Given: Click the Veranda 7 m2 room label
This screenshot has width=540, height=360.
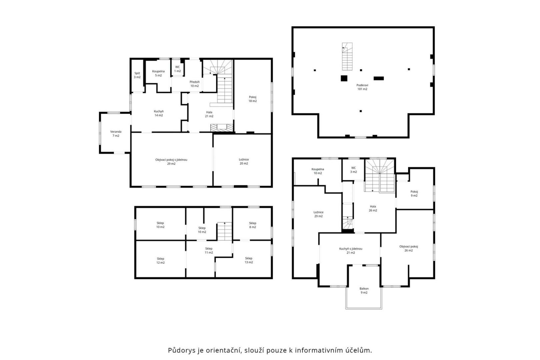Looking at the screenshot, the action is pos(116,134).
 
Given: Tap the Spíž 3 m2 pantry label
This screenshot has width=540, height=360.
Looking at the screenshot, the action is pos(137,75).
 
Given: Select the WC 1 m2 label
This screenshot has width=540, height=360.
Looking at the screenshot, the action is pos(177,69).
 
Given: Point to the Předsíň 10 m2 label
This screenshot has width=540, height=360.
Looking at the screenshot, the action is pos(195,84).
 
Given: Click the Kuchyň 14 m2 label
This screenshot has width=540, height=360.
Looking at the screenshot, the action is pos(159,113).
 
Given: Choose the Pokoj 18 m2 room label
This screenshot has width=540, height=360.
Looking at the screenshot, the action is pos(253,99).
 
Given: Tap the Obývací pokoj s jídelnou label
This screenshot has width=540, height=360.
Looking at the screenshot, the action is pos(171,160).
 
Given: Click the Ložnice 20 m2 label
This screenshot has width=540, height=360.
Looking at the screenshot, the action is pos(244,161).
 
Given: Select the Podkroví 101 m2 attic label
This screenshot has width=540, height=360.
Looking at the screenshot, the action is pos(362,87).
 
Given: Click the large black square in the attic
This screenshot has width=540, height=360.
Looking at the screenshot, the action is pos(344,78).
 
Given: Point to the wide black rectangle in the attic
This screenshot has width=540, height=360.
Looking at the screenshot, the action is pos(379,78).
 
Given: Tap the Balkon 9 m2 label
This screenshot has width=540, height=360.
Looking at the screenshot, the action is pos(364,291).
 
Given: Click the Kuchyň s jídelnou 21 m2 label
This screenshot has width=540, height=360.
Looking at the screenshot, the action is pos(351,251).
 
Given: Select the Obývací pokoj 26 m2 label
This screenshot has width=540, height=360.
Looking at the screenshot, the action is pos(409,248).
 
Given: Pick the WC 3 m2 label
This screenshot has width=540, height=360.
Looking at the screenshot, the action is pos(353,170).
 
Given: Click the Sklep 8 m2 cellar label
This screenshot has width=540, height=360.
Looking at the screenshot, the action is pos(253,225).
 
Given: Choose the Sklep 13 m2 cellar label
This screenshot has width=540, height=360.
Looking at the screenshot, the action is pos(249,260).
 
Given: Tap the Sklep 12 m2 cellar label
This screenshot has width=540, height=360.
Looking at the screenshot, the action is pos(161,261).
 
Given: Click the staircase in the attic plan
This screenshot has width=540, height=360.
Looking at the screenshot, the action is pos(347,57).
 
